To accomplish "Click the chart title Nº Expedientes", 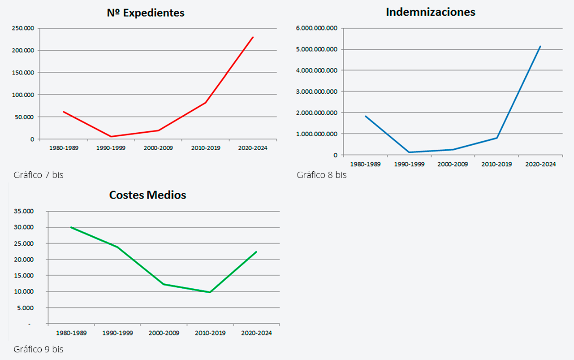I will click(146, 13).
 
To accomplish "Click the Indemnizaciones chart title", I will click(430, 12).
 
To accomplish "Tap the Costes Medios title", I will click(147, 195).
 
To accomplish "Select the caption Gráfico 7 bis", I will click(39, 175).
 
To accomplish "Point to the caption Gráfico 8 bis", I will click(321, 175).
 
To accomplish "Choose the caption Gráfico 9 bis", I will click(39, 349).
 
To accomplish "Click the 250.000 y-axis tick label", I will click(23, 28).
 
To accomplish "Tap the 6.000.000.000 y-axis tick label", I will click(317, 28).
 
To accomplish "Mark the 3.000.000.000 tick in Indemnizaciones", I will click(317, 91).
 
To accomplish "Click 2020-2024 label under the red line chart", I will click(253, 148).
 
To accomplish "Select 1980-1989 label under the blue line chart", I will click(365, 164).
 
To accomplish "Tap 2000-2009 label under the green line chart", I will click(164, 333).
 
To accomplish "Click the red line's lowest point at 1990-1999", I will click(111, 136).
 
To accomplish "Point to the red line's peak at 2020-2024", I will click(253, 37).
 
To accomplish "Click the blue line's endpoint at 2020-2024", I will click(540, 46).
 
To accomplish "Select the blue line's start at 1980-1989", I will click(366, 116).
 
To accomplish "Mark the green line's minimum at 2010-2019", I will click(210, 292).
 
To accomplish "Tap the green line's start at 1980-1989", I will click(71, 227).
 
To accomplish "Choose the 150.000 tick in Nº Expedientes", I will click(23, 73).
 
